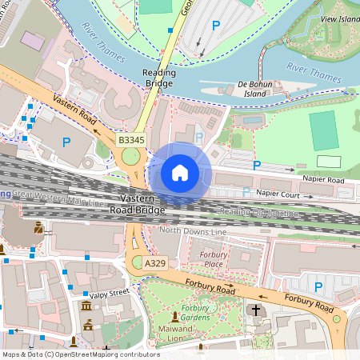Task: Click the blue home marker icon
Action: (x=180, y=173)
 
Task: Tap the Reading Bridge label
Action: (x=158, y=78)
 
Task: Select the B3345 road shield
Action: (x=130, y=140)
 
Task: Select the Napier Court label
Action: (x=278, y=194)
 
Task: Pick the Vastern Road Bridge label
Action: (x=142, y=204)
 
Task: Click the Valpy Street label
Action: (x=110, y=294)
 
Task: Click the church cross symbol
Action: (x=256, y=310)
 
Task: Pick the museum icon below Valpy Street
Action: (x=86, y=307)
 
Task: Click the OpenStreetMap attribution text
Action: (x=80, y=354)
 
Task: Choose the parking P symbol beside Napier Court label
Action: (x=246, y=192)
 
